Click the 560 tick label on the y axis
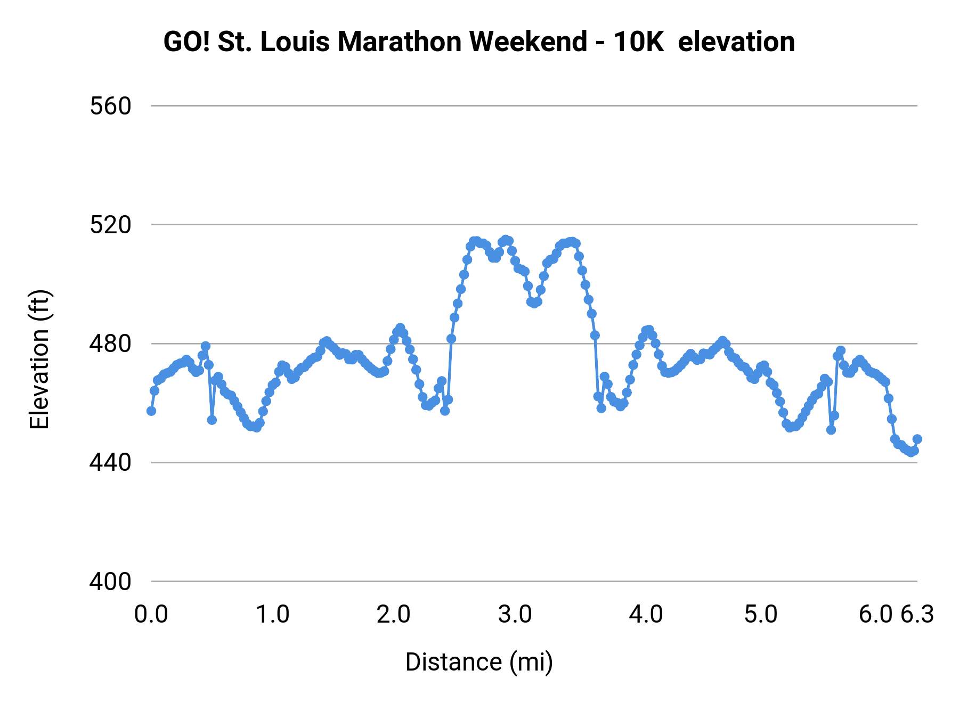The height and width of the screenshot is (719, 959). pyautogui.click(x=110, y=107)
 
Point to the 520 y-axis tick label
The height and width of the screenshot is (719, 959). pyautogui.click(x=110, y=225)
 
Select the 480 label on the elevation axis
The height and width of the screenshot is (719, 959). pyautogui.click(x=110, y=344)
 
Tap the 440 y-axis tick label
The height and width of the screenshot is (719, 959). pyautogui.click(x=110, y=463)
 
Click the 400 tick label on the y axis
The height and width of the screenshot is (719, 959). pyautogui.click(x=110, y=582)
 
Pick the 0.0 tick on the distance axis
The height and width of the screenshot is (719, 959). pyautogui.click(x=151, y=615)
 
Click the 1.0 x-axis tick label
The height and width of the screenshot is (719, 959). pyautogui.click(x=273, y=615)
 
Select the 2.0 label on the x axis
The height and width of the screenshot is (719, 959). pyautogui.click(x=394, y=615)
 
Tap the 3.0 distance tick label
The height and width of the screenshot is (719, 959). pyautogui.click(x=515, y=615)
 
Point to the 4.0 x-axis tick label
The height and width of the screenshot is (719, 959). pyautogui.click(x=646, y=615)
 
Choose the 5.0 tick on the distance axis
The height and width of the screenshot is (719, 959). pyautogui.click(x=761, y=615)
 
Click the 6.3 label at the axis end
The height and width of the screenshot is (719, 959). pyautogui.click(x=917, y=615)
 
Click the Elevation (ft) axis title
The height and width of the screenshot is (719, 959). pyautogui.click(x=39, y=359)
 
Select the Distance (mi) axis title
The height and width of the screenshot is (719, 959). pyautogui.click(x=479, y=663)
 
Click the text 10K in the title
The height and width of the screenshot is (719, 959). pyautogui.click(x=638, y=42)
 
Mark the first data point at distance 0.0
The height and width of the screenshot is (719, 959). pyautogui.click(x=151, y=411)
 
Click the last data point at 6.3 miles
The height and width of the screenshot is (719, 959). pyautogui.click(x=917, y=439)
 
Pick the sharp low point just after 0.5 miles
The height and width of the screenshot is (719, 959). pyautogui.click(x=212, y=420)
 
